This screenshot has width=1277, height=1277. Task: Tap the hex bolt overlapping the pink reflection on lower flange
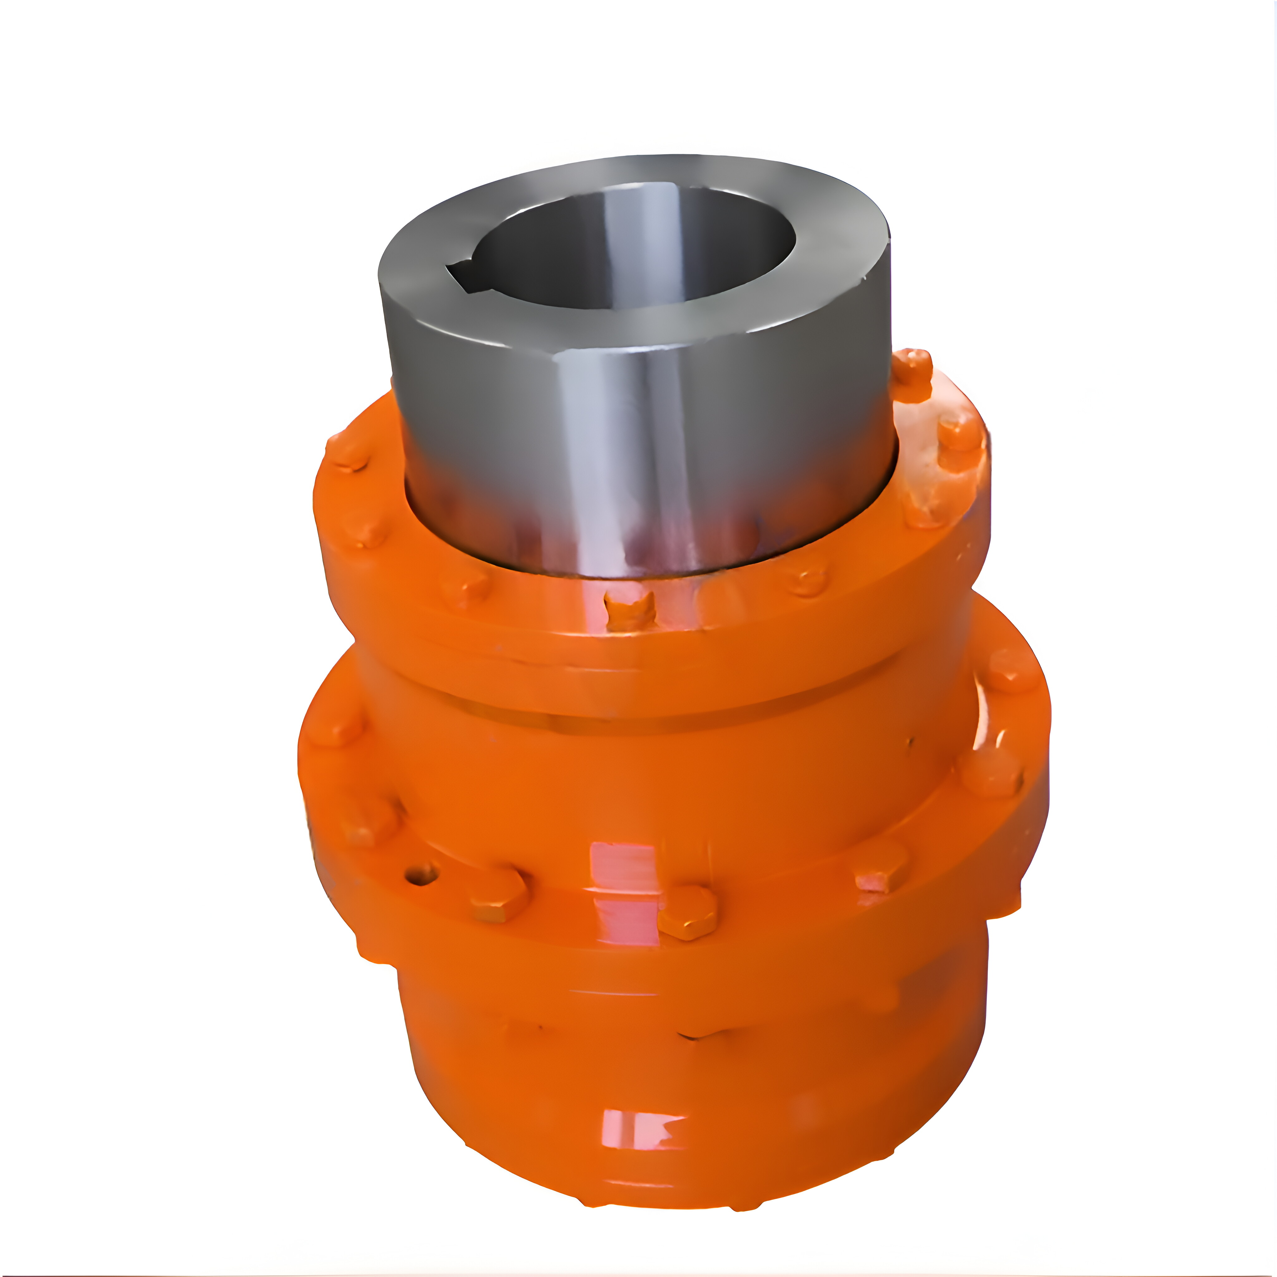pos(687,912)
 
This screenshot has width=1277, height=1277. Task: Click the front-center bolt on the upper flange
pos(630,610)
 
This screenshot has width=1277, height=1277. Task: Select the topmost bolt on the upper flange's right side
pos(912,375)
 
